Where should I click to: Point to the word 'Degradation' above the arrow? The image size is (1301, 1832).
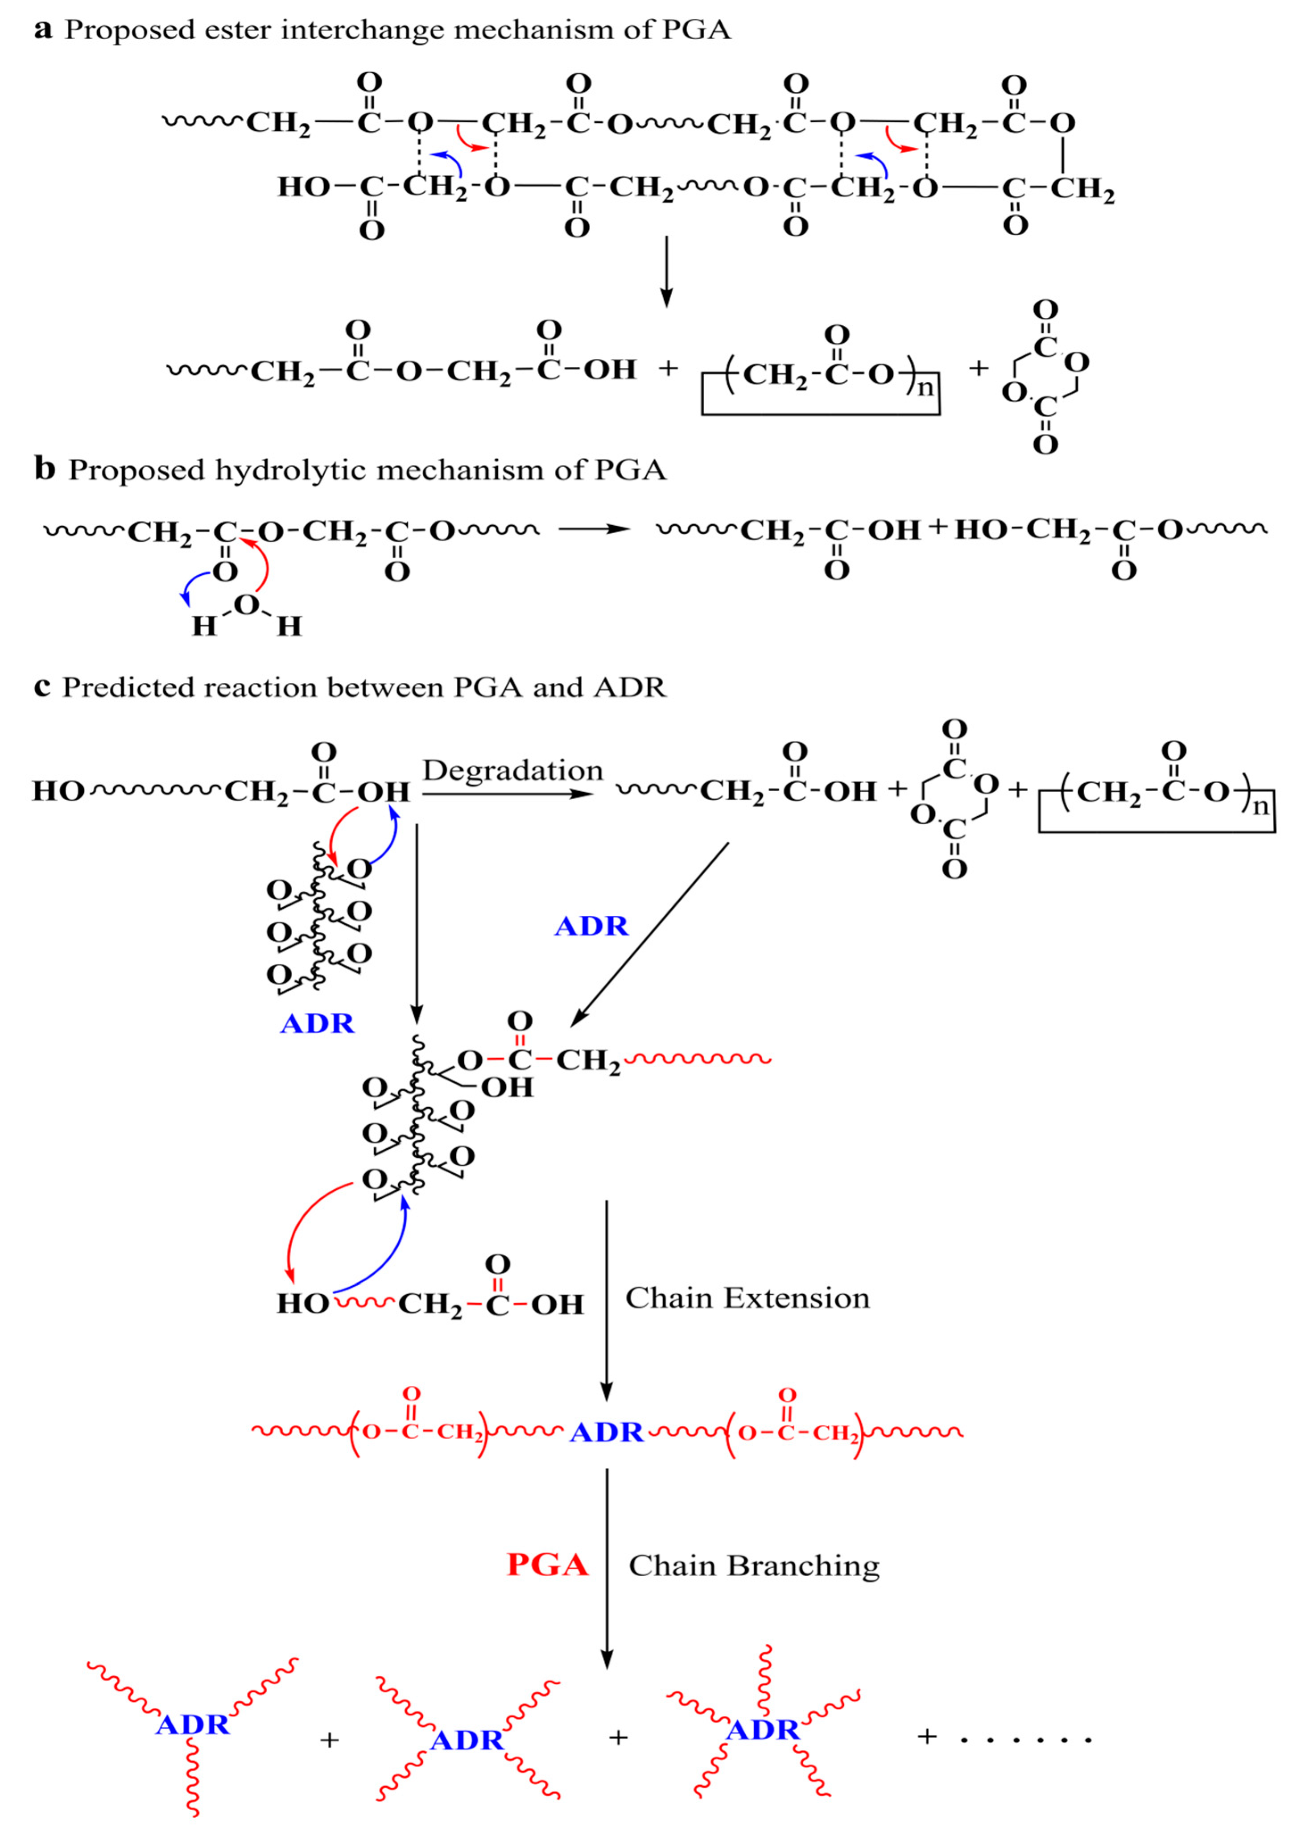(x=513, y=770)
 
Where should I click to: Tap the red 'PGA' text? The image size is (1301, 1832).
(x=548, y=1564)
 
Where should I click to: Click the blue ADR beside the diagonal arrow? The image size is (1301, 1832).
(x=591, y=926)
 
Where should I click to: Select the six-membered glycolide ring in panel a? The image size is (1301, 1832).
(x=1045, y=377)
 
